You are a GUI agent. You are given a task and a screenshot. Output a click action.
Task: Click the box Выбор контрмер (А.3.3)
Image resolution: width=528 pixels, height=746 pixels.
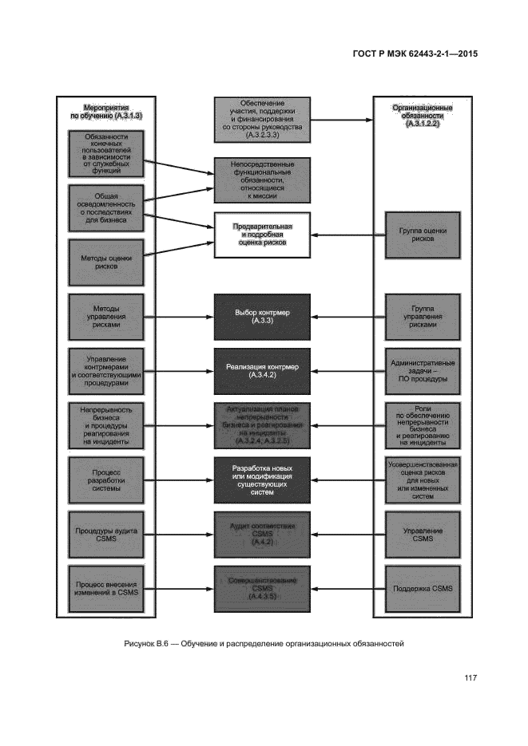pos(262,316)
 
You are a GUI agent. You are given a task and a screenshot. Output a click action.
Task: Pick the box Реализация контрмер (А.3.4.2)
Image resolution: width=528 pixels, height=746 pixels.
pos(262,370)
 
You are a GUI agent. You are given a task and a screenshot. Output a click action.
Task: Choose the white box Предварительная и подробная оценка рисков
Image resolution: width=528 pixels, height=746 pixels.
pos(262,234)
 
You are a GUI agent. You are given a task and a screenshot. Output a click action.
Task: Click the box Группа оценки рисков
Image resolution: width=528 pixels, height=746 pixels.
pos(423,234)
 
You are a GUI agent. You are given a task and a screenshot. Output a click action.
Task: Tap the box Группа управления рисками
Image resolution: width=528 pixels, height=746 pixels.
pos(423,316)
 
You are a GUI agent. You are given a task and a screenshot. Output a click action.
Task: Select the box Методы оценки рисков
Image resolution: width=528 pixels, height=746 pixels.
pos(106,262)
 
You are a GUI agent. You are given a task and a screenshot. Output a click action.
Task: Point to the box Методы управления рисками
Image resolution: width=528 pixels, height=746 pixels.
pos(106,316)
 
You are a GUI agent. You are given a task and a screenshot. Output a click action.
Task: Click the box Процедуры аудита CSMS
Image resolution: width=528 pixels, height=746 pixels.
pos(106,533)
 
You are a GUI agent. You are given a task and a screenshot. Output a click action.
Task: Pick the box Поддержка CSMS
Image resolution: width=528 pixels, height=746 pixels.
pos(423,589)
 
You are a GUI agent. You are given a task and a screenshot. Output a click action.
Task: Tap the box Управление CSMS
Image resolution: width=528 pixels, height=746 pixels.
pos(423,533)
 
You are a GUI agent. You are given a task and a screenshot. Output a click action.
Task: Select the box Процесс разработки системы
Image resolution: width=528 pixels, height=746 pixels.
pos(106,480)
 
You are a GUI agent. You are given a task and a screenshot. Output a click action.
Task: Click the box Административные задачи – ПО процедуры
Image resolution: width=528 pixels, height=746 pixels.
pos(423,370)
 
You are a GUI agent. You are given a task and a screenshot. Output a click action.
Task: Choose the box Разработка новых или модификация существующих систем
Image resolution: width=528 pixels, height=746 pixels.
pos(262,480)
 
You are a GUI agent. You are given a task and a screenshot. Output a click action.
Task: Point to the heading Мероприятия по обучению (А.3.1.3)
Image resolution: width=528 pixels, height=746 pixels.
pos(106,112)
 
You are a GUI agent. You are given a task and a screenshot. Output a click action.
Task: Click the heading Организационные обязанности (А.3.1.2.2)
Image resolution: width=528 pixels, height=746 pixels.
pos(423,116)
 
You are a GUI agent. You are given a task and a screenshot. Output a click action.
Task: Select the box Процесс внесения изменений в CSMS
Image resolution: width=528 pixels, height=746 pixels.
pos(106,589)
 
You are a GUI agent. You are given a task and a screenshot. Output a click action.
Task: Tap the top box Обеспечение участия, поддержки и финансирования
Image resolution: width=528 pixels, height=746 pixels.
pos(262,120)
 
